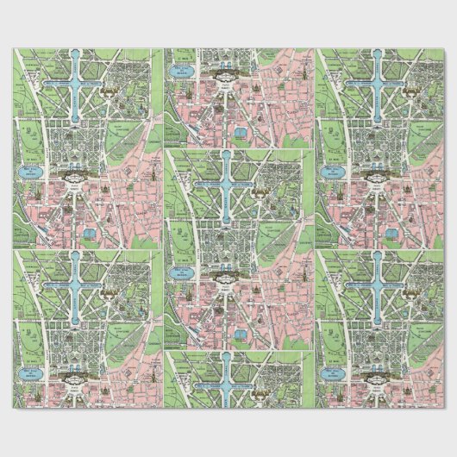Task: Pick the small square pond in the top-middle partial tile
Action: [241, 132]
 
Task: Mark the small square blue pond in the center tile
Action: [241, 331]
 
